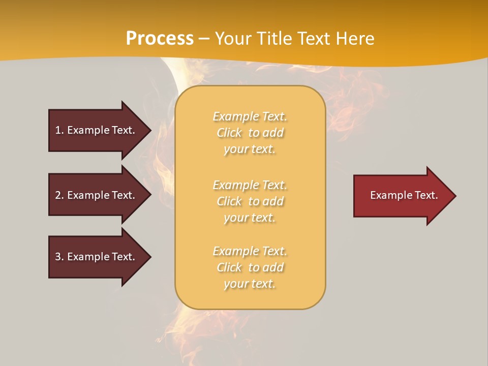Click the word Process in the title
[160, 39]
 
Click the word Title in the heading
[274, 39]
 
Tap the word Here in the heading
[355, 39]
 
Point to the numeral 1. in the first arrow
[59, 130]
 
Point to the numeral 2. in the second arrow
[59, 195]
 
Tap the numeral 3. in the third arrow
[59, 257]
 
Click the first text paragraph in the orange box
[250, 133]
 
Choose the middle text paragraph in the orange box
[250, 201]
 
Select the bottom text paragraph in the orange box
[250, 267]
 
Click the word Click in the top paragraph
[229, 133]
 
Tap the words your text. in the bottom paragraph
[250, 284]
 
